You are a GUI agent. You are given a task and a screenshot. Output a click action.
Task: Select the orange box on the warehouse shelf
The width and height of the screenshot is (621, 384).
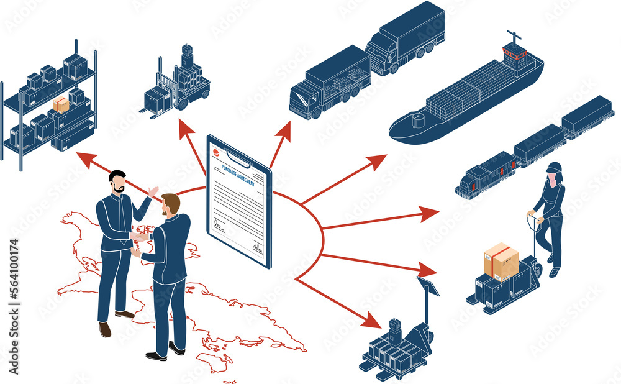point(61,104)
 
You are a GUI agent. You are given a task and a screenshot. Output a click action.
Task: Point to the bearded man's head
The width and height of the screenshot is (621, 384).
point(117,181)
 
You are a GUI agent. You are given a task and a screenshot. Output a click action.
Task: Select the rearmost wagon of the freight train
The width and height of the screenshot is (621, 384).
point(587,116)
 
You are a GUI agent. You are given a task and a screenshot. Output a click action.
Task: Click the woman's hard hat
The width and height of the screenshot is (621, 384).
point(554,167)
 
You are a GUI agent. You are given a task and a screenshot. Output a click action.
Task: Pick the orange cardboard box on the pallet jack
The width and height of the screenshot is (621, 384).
point(501,261)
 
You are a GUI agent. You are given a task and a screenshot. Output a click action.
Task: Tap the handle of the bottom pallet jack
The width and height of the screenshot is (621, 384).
point(428,288)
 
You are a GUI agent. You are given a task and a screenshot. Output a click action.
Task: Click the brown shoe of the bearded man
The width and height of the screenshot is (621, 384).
point(105,329)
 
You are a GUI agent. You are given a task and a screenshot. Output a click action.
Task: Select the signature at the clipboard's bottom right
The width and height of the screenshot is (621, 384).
point(258,249)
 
